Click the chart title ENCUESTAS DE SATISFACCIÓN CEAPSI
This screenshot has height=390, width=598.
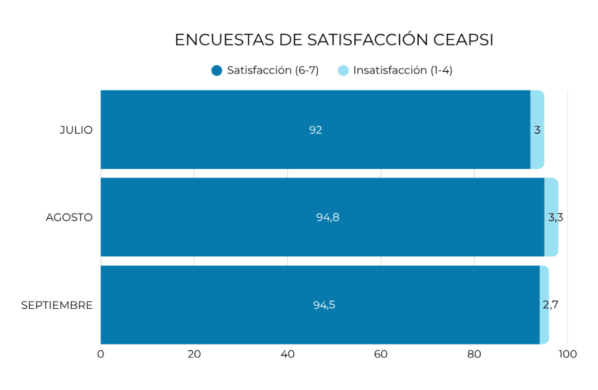click(x=334, y=40)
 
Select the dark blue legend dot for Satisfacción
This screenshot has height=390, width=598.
click(x=217, y=71)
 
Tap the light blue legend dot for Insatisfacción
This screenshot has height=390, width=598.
click(x=343, y=71)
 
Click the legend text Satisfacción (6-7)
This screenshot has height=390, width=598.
click(x=273, y=71)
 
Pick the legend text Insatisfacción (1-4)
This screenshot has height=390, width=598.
click(x=403, y=71)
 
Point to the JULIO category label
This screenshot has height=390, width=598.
click(x=76, y=130)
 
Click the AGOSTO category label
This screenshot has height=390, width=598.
click(x=69, y=218)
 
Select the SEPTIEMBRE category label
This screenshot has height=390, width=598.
click(x=57, y=305)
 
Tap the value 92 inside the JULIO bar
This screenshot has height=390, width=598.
click(x=315, y=130)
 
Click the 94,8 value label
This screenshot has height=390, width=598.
click(x=328, y=218)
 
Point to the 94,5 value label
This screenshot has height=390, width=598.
click(x=324, y=305)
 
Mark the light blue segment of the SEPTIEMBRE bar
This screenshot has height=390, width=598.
click(x=544, y=327)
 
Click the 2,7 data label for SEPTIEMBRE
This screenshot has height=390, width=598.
click(x=550, y=305)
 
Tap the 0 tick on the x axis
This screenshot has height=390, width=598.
click(x=100, y=354)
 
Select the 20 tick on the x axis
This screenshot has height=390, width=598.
click(x=194, y=354)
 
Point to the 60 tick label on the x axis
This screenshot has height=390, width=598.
click(x=381, y=354)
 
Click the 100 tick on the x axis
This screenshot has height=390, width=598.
click(x=567, y=354)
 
